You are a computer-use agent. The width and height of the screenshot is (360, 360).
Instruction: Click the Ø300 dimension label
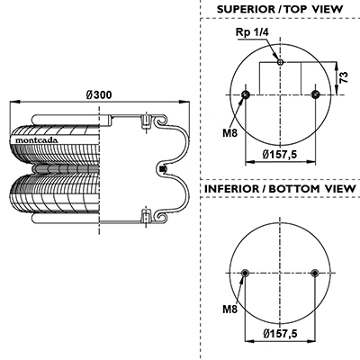click(99, 95)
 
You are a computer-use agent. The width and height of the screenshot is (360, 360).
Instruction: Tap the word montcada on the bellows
click(37, 140)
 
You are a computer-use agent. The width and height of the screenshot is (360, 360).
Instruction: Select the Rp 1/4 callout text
click(252, 32)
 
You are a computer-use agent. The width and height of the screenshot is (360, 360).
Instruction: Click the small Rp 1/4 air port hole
click(280, 62)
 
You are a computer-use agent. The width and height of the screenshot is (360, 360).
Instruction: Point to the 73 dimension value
click(345, 77)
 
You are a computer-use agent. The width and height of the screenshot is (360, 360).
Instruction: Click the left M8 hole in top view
click(246, 94)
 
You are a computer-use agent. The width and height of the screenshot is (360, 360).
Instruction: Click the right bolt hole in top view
click(315, 94)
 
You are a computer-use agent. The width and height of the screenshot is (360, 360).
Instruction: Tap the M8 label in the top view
click(229, 132)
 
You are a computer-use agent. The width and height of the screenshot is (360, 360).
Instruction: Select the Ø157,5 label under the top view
click(280, 155)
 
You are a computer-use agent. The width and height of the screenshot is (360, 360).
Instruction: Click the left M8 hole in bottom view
click(246, 273)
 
